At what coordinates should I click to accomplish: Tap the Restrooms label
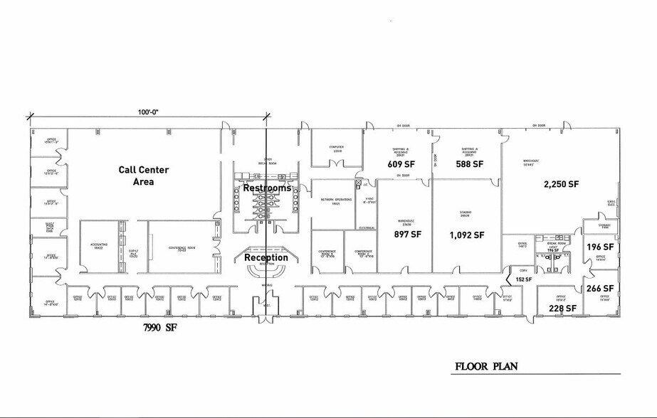point(267,188)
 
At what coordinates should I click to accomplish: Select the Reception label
point(266,257)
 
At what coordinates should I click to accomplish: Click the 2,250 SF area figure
point(561,183)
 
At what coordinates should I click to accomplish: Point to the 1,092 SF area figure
point(467,235)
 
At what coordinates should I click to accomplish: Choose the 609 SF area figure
point(401,164)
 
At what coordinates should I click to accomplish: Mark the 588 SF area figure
point(470,164)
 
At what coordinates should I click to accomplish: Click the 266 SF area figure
point(599,288)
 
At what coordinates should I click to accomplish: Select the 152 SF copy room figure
point(524,279)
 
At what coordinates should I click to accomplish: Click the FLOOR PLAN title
point(487,367)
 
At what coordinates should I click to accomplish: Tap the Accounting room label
point(100,245)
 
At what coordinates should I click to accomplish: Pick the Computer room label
point(336,149)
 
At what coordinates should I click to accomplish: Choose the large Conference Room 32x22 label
point(182,248)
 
